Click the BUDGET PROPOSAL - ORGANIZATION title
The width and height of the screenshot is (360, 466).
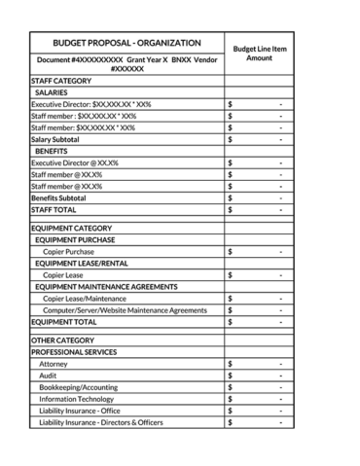tap(126, 44)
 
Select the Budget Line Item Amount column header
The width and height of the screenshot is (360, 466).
tap(259, 53)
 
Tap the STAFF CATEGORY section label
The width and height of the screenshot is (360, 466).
tap(61, 80)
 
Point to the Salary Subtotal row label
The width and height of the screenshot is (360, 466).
tap(55, 139)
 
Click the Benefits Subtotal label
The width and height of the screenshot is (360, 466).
tap(58, 197)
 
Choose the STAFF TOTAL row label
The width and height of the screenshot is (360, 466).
tap(54, 209)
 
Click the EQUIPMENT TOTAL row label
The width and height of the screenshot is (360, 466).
tap(64, 322)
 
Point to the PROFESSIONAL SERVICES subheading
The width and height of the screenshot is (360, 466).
tap(74, 352)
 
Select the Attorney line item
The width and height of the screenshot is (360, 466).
tap(54, 364)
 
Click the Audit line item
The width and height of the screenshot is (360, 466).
tap(48, 376)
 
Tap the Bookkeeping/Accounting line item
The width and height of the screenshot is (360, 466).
tap(77, 387)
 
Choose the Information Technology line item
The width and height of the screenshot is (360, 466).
tap(76, 399)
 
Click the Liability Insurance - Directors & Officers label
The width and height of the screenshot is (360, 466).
tap(101, 422)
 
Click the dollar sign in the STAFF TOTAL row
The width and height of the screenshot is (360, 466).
tap(230, 209)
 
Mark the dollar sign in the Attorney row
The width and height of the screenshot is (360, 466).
tap(230, 364)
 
